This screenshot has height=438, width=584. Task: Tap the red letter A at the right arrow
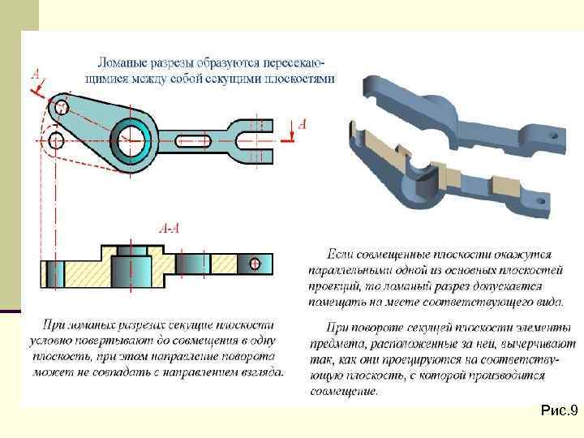click(x=303, y=124)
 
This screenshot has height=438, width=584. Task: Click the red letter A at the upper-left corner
click(x=36, y=75)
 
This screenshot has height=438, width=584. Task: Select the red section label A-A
click(x=170, y=229)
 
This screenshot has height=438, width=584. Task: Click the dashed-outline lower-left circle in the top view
click(x=56, y=142)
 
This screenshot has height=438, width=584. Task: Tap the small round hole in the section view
click(x=255, y=263)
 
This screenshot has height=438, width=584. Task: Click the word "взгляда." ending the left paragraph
click(x=260, y=373)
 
